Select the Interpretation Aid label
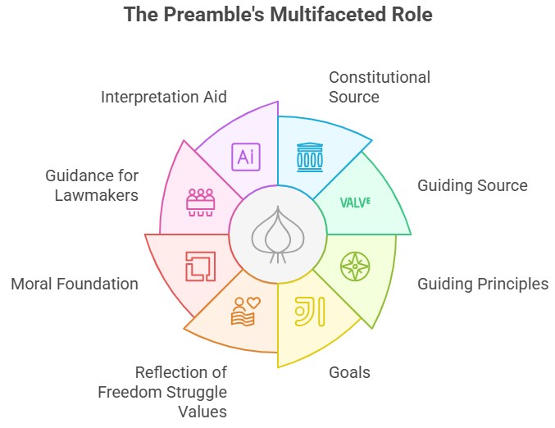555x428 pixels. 164,97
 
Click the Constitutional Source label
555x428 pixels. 379,87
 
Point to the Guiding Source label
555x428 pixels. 472,185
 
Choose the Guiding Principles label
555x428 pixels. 483,284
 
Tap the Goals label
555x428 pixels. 349,372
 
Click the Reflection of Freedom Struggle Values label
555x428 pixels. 162,391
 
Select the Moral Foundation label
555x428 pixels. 75,284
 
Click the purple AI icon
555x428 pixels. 245,156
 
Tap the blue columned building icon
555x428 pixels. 309,155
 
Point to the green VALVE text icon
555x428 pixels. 355,201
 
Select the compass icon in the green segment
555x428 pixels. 355,266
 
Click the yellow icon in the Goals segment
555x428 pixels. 309,314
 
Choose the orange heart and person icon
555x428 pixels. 246,312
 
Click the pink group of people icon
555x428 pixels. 201,202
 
